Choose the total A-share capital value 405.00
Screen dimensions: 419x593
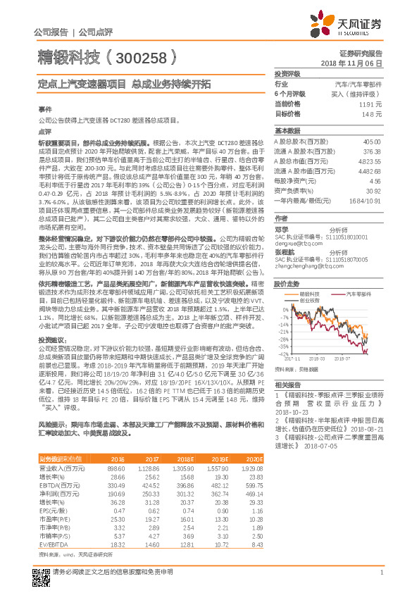pyautogui.click(x=371, y=142)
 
